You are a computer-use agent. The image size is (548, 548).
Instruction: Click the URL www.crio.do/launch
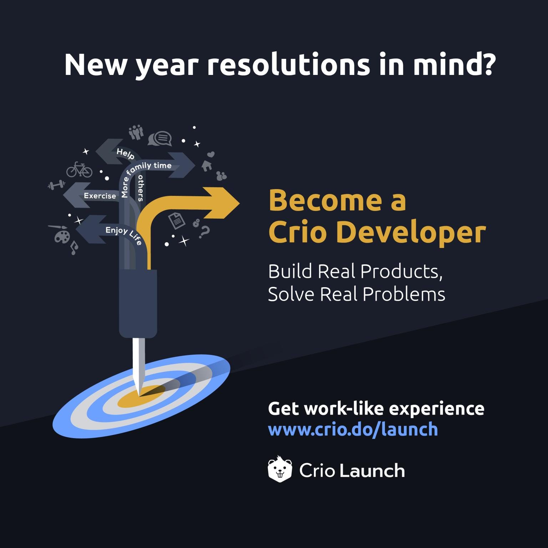click(x=352, y=429)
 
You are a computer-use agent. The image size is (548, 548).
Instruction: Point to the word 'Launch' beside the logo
click(x=372, y=471)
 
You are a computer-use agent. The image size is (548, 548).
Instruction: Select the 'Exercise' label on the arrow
click(x=100, y=196)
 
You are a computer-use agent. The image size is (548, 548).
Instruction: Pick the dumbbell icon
click(x=56, y=185)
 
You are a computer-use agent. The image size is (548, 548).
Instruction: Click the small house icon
click(x=207, y=165)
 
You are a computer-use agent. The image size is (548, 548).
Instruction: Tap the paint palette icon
click(x=62, y=237)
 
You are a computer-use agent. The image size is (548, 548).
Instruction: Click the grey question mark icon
click(x=204, y=232)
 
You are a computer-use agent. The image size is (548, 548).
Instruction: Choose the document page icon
click(x=177, y=220)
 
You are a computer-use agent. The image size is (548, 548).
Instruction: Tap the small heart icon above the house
click(x=211, y=154)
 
